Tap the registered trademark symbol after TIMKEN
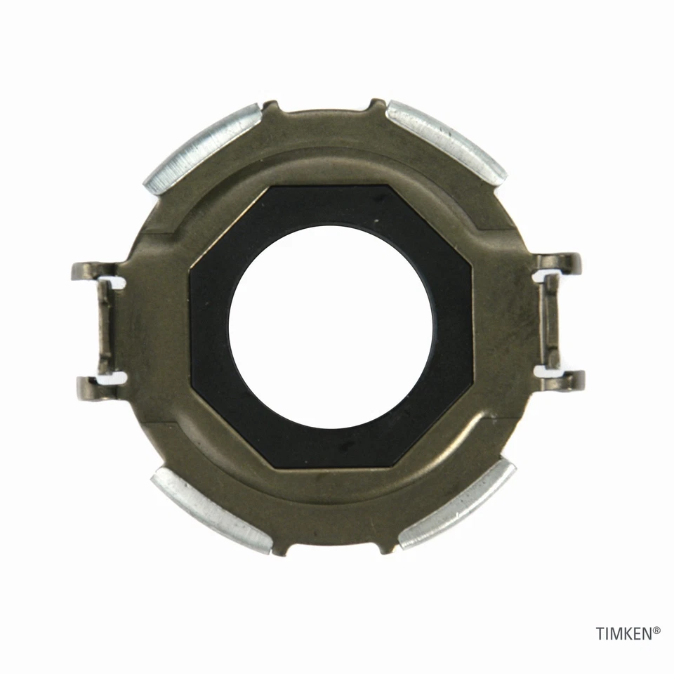click(x=656, y=630)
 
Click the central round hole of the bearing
click(x=331, y=326)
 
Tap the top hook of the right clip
click(x=566, y=262)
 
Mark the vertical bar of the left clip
click(x=104, y=326)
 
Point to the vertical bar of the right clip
click(x=552, y=321)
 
